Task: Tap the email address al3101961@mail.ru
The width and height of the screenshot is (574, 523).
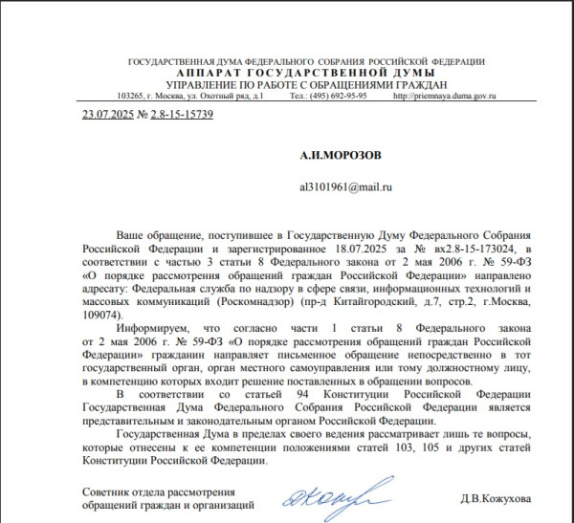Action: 346,187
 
